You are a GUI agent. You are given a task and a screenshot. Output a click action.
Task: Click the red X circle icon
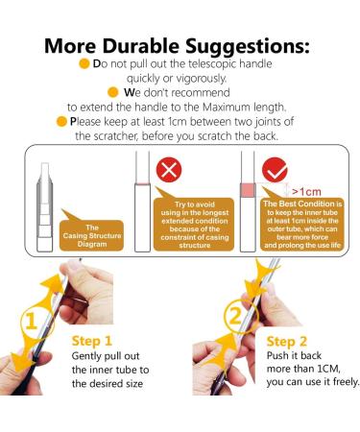point(169,172)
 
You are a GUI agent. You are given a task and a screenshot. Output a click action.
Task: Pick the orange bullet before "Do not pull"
point(84,64)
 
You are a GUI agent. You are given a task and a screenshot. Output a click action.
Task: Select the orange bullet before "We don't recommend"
point(116,93)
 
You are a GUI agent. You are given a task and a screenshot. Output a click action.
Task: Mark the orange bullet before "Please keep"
point(60,122)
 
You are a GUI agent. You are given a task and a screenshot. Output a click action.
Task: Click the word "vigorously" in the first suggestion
point(204,79)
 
